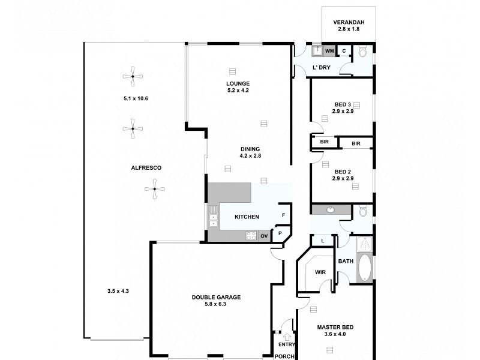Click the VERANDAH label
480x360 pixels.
coord(349,23)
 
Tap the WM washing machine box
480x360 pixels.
coord(329,51)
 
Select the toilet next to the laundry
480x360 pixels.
coord(362,52)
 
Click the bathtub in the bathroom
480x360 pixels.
coord(364,268)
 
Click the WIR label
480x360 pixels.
coord(320,272)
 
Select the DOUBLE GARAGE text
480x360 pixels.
coord(217,296)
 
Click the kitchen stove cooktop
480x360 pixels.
coord(251,236)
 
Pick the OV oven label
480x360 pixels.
coord(264,236)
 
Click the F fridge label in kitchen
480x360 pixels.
coord(283,214)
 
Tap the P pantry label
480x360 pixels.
coord(280,233)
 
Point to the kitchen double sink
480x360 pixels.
coord(213,217)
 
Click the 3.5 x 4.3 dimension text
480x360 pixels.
coord(118,291)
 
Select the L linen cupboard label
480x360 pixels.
coord(323,241)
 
